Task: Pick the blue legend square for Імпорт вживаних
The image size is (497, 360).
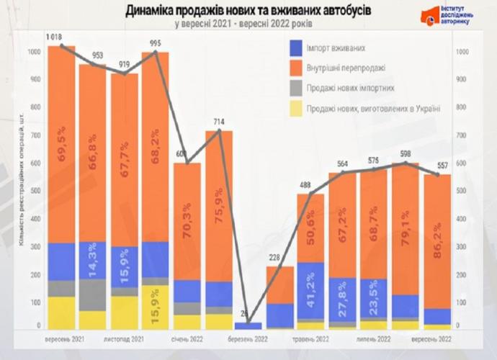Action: [296, 48]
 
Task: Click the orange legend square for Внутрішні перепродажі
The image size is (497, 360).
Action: [296, 68]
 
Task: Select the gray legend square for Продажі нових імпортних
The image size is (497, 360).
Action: [296, 89]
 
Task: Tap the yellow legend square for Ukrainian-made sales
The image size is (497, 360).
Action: [296, 109]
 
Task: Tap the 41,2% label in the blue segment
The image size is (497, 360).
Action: [310, 291]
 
